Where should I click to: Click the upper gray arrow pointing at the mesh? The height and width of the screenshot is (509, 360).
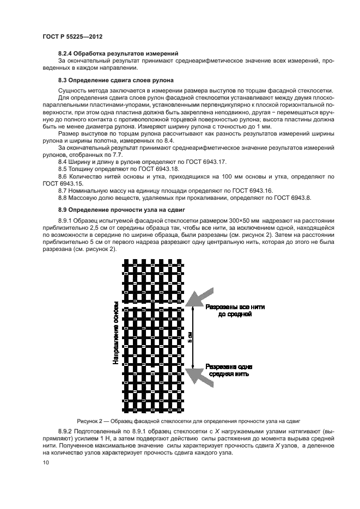[x=200, y=298]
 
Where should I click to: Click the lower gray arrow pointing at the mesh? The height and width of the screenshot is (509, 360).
[x=200, y=376]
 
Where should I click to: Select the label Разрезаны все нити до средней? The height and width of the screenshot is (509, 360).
[x=235, y=311]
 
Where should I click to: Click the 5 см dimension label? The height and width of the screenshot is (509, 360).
[x=190, y=338]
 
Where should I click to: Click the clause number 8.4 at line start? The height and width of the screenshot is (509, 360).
[x=63, y=162]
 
